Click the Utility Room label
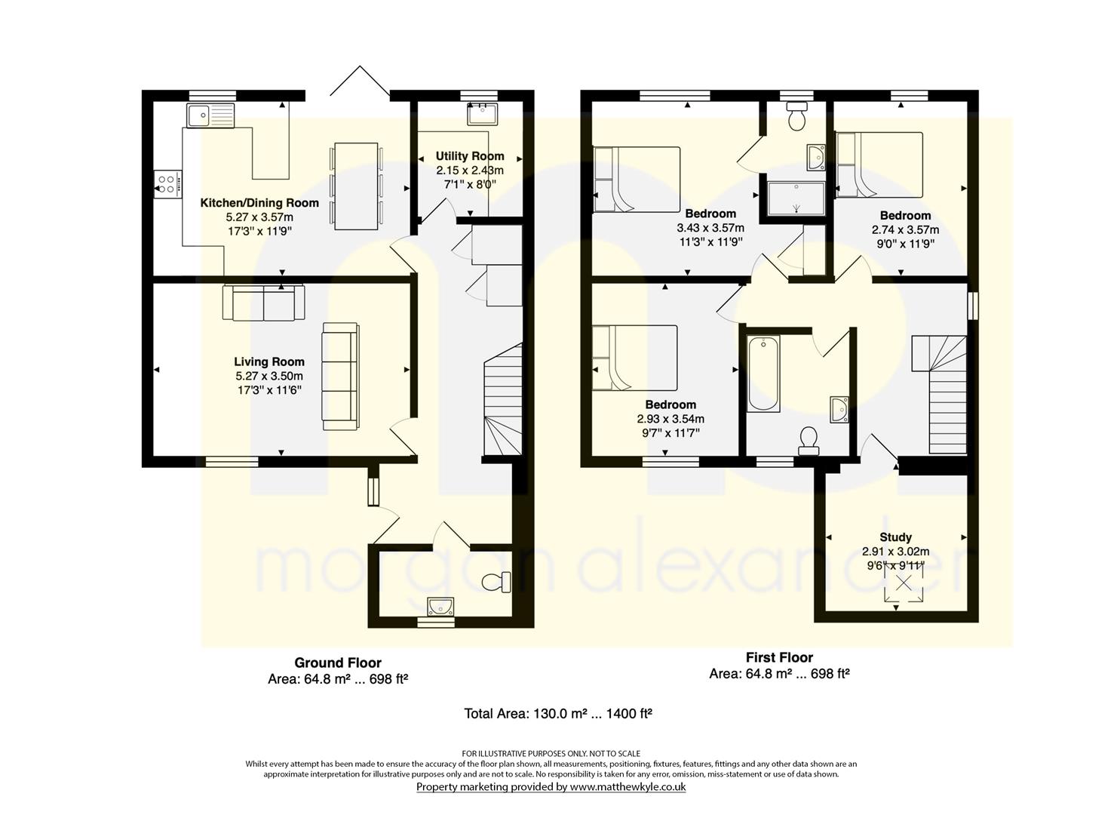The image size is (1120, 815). pos(470,156)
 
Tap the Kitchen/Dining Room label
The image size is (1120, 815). pos(259,203)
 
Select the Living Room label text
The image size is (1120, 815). pos(269,361)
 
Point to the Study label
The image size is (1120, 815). pos(895,537)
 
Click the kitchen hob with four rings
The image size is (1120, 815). pos(168,183)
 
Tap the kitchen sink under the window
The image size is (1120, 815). pos(210,116)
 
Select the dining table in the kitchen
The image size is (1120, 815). pos(355,186)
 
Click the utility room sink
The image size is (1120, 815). pos(482,115)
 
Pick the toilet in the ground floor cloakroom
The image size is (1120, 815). pos(497,582)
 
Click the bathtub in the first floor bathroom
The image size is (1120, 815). pos(763,374)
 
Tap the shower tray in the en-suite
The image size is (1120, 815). pos(796,198)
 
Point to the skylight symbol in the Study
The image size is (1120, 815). pos(903,583)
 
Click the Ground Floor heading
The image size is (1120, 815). pos(338,663)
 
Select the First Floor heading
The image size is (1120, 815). pos(780,657)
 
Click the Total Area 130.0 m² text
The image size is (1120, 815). pos(558,713)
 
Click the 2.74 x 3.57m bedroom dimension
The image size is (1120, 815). pos(906,230)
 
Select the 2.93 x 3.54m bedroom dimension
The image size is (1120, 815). pos(670,419)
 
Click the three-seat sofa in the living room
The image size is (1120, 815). pos(340,377)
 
